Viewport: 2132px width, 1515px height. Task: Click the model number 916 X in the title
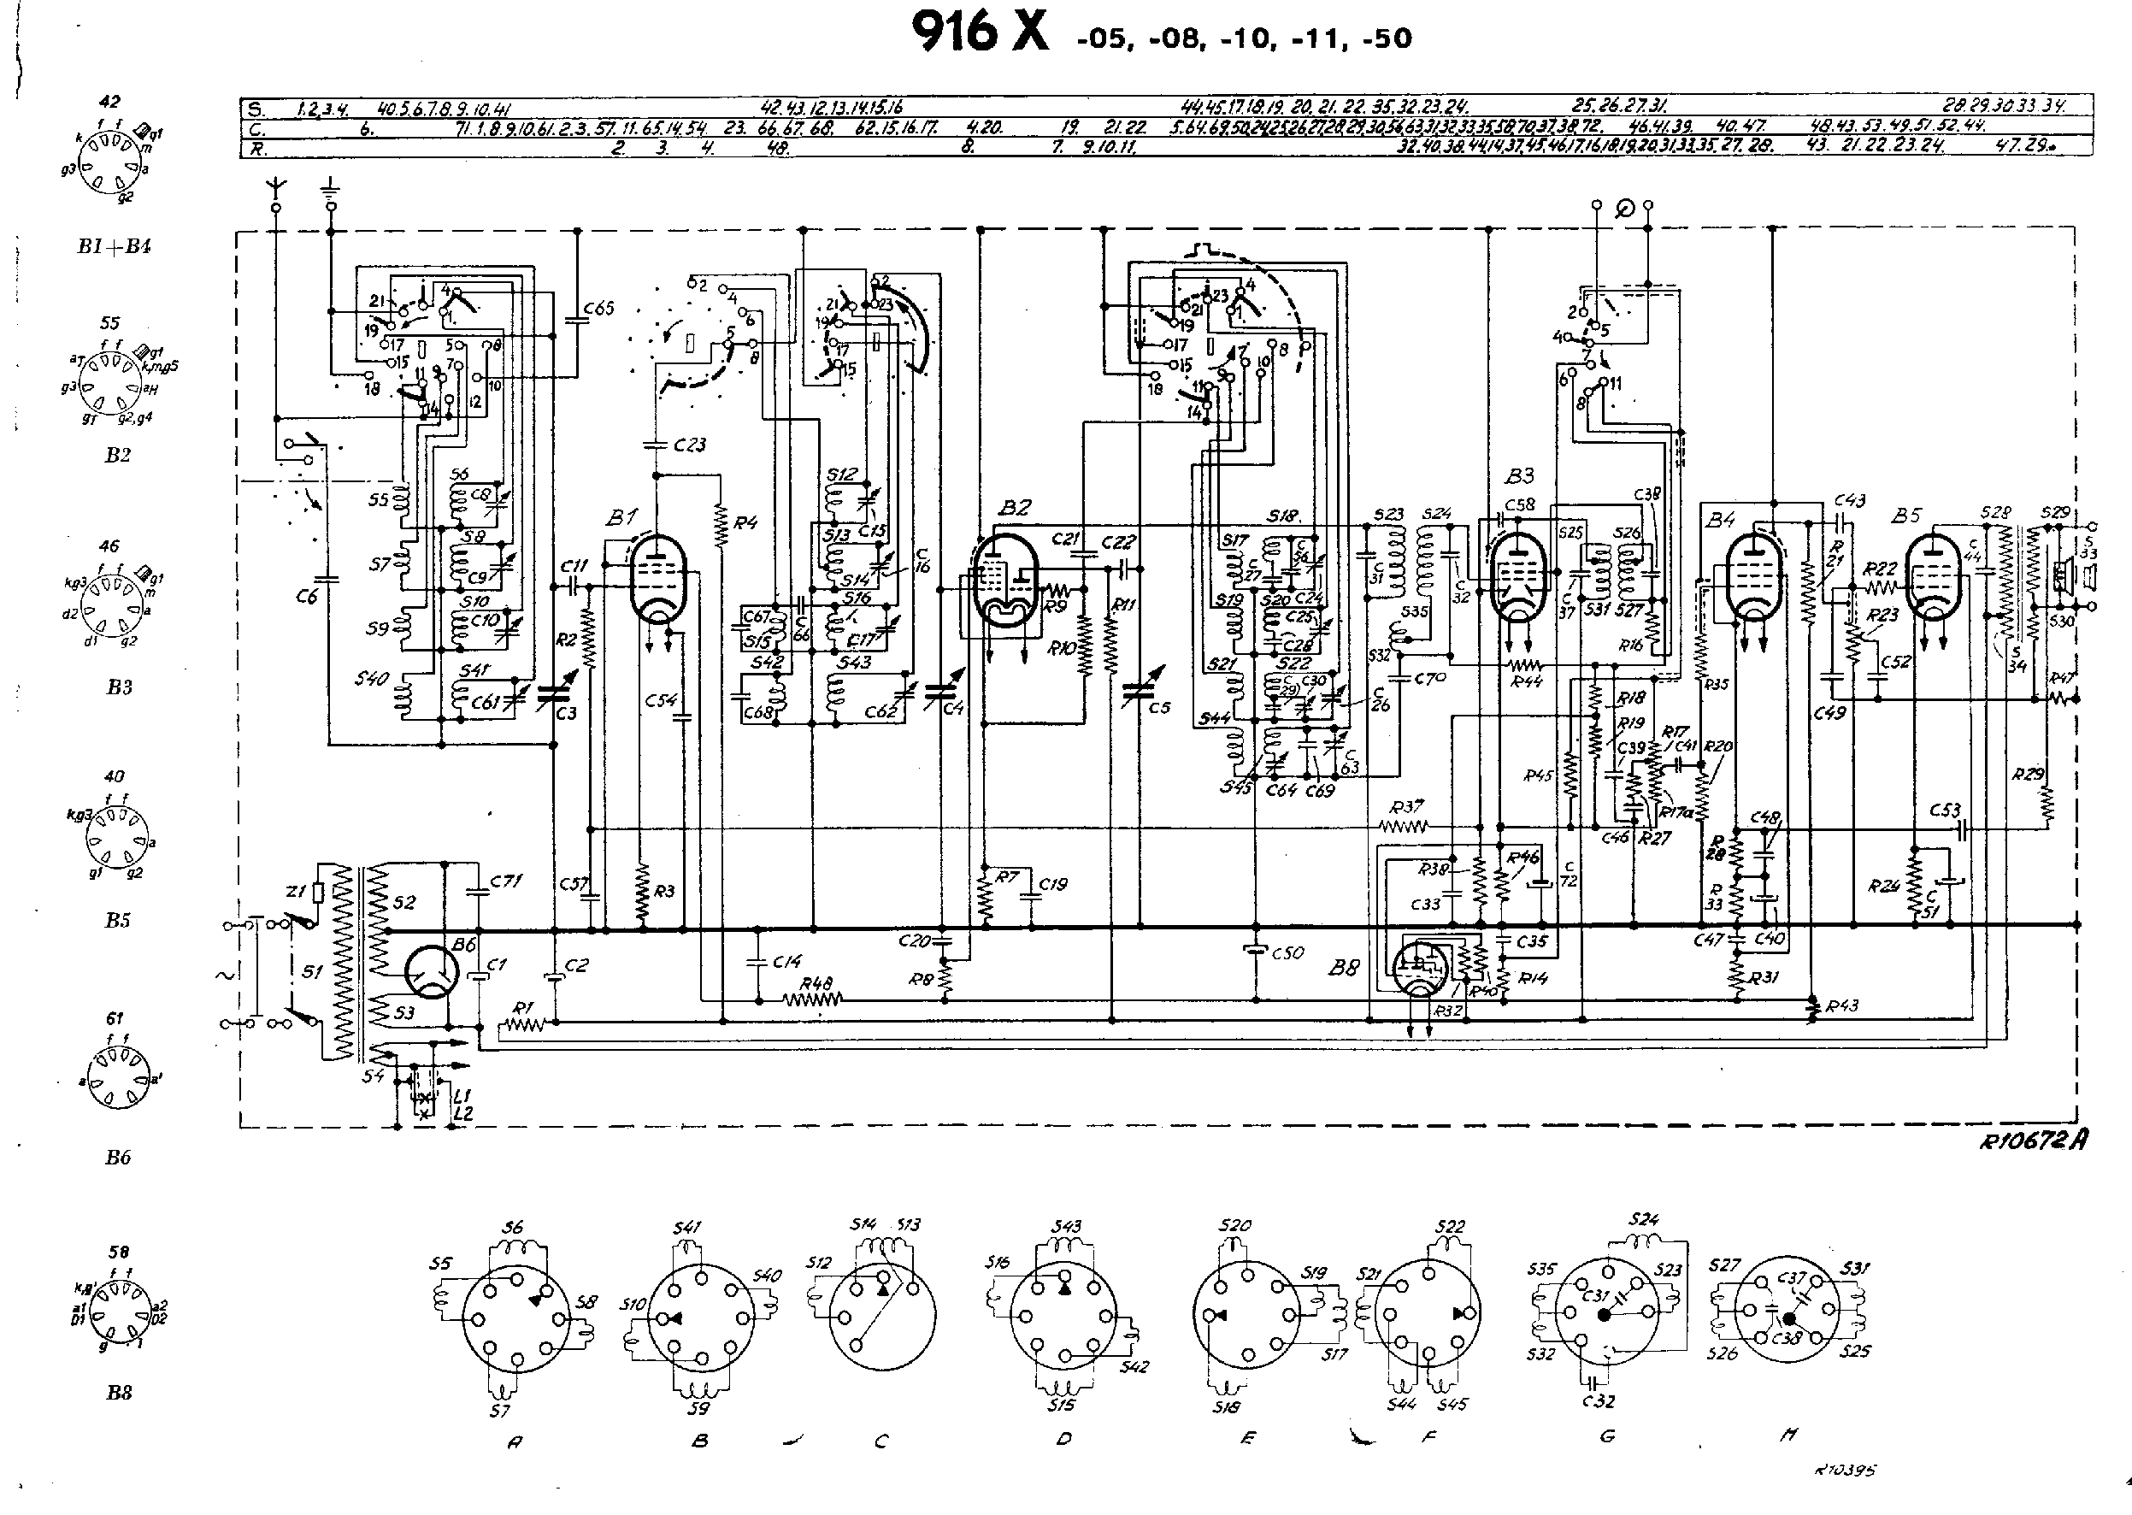(980, 33)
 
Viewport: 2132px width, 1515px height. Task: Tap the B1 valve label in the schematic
(621, 516)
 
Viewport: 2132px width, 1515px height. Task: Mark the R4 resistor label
(745, 523)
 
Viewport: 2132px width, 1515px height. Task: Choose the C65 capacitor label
(598, 308)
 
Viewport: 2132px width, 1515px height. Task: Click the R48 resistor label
(816, 983)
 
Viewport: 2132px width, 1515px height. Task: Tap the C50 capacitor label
(1288, 953)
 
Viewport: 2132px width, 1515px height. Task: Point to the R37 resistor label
(1405, 807)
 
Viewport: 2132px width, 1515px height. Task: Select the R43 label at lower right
(1843, 1005)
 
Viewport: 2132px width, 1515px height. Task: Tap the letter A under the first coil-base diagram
(514, 1442)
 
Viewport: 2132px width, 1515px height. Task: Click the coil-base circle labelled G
(1606, 1315)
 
